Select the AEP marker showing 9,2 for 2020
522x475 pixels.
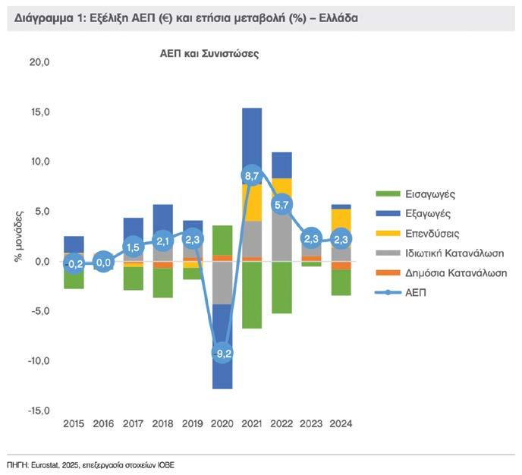pos(222,353)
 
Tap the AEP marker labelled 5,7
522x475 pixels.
pos(282,204)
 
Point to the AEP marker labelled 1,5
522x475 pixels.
pos(134,247)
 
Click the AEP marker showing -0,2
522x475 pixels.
pos(74,264)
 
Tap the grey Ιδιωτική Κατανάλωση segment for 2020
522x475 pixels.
pos(222,282)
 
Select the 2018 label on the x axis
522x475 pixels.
pos(162,423)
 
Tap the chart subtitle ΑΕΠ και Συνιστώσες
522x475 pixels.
pos(209,55)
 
